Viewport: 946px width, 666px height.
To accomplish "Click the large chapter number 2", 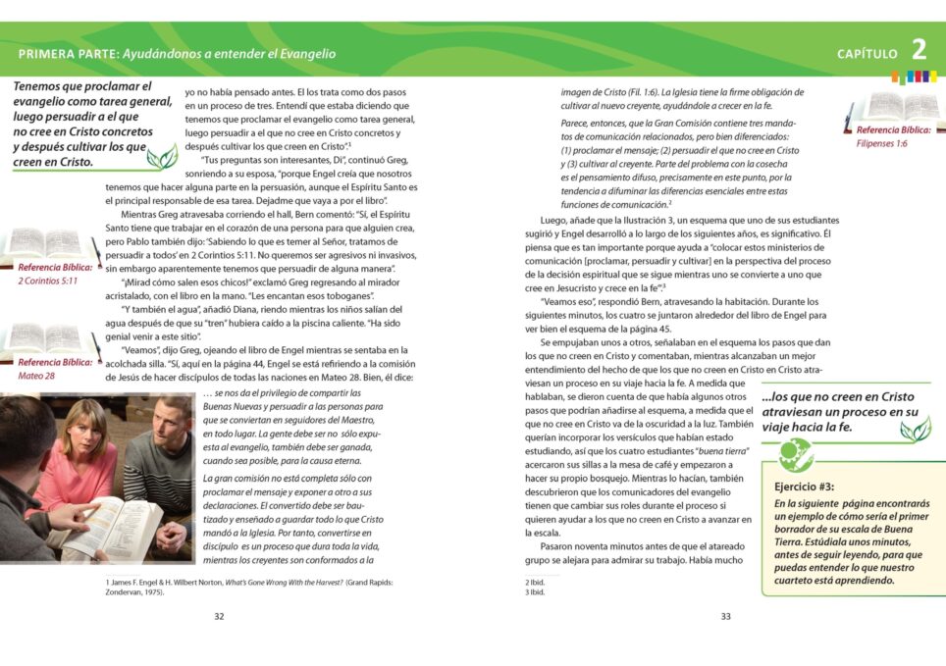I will point(919,50).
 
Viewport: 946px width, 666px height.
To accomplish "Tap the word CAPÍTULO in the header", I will point(867,54).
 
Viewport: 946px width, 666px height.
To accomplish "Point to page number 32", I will point(219,616).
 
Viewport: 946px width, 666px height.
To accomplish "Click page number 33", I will point(725,616).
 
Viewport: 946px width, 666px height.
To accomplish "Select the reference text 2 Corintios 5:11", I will point(48,281).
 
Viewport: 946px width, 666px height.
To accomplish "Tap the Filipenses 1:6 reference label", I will point(881,143).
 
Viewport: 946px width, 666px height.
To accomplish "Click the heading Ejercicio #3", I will point(804,487).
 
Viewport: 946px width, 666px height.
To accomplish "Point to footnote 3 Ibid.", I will point(535,592).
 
